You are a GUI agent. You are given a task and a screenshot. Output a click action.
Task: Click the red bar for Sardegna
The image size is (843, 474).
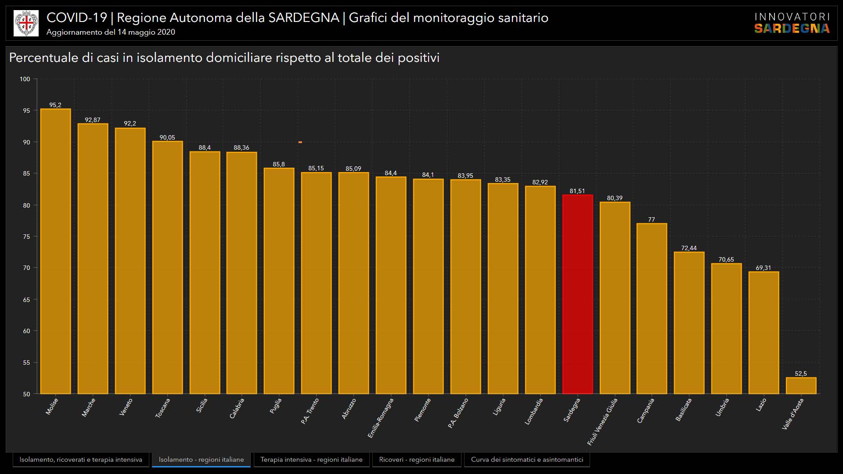point(577,294)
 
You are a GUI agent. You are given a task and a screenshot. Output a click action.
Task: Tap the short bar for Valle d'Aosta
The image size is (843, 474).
point(801,385)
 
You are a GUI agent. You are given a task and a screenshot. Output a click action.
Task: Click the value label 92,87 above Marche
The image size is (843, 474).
point(93,120)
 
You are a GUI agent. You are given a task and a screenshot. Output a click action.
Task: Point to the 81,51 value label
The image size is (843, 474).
point(577,191)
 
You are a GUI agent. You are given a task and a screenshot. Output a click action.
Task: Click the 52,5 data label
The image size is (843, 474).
point(801,373)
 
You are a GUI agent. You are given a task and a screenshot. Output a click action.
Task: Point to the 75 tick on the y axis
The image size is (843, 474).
point(27,237)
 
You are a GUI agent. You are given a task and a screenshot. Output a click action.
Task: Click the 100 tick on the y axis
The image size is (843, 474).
point(25,79)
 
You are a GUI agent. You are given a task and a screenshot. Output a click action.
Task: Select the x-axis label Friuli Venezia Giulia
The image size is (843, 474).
point(602,421)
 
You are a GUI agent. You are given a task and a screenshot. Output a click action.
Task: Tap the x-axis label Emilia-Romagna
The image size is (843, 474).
point(381,418)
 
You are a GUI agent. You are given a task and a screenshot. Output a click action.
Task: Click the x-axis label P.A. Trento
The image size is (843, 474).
point(310,411)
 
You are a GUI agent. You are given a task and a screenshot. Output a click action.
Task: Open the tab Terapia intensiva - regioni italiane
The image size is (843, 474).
point(311,460)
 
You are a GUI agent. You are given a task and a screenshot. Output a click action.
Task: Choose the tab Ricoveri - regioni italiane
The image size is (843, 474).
point(417,460)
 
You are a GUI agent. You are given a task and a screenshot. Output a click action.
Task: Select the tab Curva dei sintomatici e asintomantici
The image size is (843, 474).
point(527,460)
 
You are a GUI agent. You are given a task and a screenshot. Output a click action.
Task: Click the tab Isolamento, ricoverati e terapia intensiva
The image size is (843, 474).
point(81,460)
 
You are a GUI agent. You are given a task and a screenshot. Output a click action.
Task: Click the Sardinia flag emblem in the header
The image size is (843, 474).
point(26,23)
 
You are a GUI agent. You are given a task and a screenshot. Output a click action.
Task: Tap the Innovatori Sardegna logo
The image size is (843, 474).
point(792,23)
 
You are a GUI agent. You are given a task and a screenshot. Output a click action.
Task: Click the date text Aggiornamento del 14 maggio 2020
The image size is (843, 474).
point(111,32)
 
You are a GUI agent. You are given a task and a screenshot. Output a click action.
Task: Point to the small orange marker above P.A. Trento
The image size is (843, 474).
point(300,142)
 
